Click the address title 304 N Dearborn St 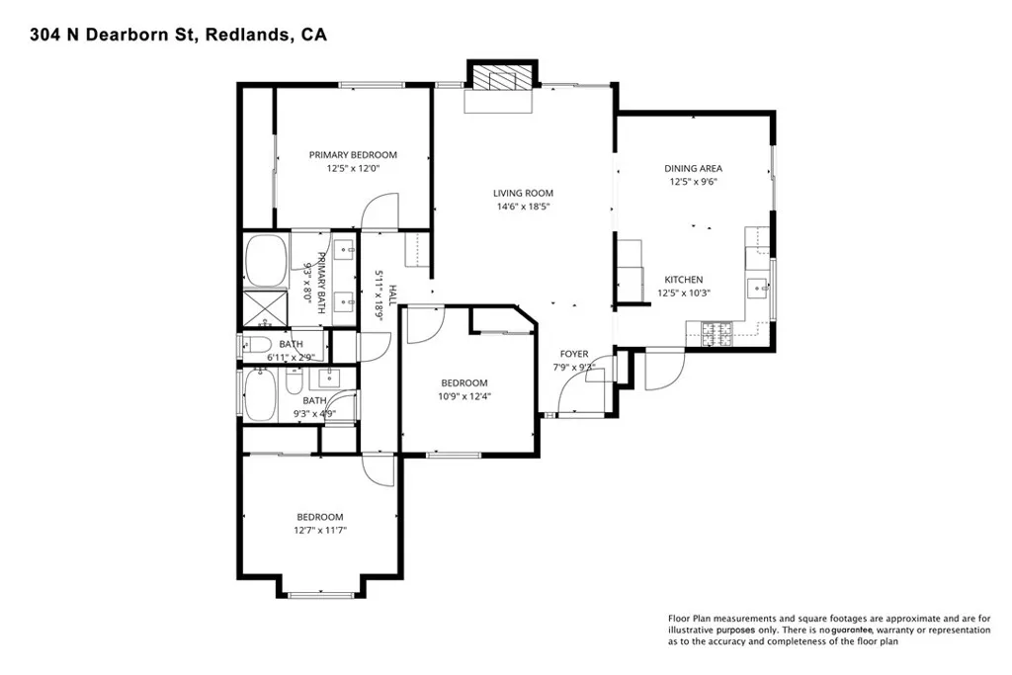[164, 36]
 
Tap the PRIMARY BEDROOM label [353, 154]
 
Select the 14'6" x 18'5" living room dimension [524, 207]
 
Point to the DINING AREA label [693, 168]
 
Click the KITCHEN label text [683, 280]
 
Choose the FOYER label [574, 353]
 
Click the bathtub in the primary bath [264, 258]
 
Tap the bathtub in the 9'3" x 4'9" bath [263, 396]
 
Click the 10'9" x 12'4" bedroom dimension [464, 396]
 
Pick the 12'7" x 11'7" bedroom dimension [321, 530]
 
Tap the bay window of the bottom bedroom [321, 593]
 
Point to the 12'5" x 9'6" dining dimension [693, 181]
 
